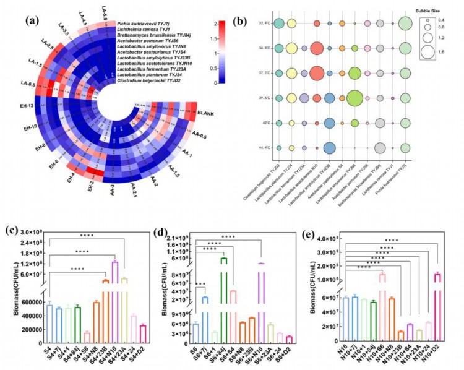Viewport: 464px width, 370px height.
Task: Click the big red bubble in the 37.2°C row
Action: (317, 73)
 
